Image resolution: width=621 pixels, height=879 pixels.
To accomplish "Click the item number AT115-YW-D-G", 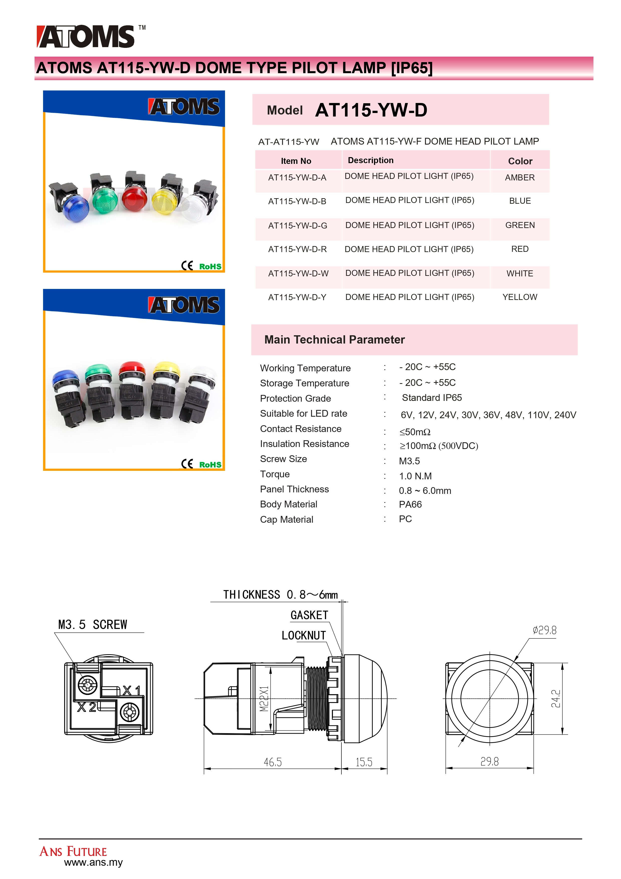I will [x=298, y=226].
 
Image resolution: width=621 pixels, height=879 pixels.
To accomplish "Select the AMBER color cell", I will [x=520, y=178].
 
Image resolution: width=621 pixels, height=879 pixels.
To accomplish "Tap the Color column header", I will [x=520, y=161].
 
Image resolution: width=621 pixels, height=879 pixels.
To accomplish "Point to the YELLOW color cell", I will [x=520, y=297].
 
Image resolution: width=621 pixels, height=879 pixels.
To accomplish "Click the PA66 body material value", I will [x=410, y=505].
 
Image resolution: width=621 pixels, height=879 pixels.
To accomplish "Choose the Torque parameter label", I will [x=275, y=474].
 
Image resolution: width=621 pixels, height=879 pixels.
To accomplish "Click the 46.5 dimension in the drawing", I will [x=273, y=762].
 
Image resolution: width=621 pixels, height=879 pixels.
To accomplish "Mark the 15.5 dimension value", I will [x=364, y=762].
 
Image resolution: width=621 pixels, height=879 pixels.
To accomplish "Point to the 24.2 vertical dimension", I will [x=556, y=699].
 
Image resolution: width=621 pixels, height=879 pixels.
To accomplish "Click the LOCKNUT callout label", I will [x=304, y=635].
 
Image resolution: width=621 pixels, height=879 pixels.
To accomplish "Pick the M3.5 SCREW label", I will [x=93, y=625].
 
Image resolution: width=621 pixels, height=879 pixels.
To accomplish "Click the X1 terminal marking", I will [x=132, y=691].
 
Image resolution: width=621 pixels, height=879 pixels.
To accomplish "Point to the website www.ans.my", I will [x=93, y=862].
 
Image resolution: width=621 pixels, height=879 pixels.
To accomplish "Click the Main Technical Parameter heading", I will [x=335, y=340].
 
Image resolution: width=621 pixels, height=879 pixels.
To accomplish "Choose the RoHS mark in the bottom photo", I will [x=210, y=465].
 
